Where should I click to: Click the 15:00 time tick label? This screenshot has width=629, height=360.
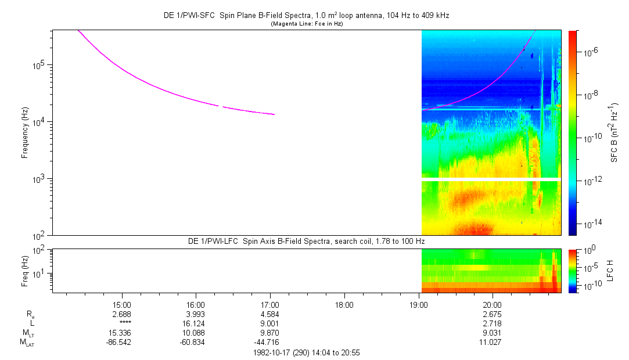coord(121,304)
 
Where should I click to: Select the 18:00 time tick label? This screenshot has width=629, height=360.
coord(344,304)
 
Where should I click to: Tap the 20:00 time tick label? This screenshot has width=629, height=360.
coord(493,304)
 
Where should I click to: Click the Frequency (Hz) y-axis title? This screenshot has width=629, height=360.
coord(25,132)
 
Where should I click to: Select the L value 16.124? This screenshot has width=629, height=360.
coord(196,323)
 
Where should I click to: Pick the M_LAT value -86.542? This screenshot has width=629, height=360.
coord(121,342)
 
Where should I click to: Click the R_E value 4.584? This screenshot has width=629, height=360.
coord(270,314)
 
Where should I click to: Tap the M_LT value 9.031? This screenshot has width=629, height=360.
coord(493,333)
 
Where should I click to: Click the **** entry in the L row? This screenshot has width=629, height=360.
coord(121,323)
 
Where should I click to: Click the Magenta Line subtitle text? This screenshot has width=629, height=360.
coord(307,24)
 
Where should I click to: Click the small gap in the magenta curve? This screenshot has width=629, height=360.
coord(221,106)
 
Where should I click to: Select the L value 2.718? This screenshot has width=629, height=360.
coord(493,323)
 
